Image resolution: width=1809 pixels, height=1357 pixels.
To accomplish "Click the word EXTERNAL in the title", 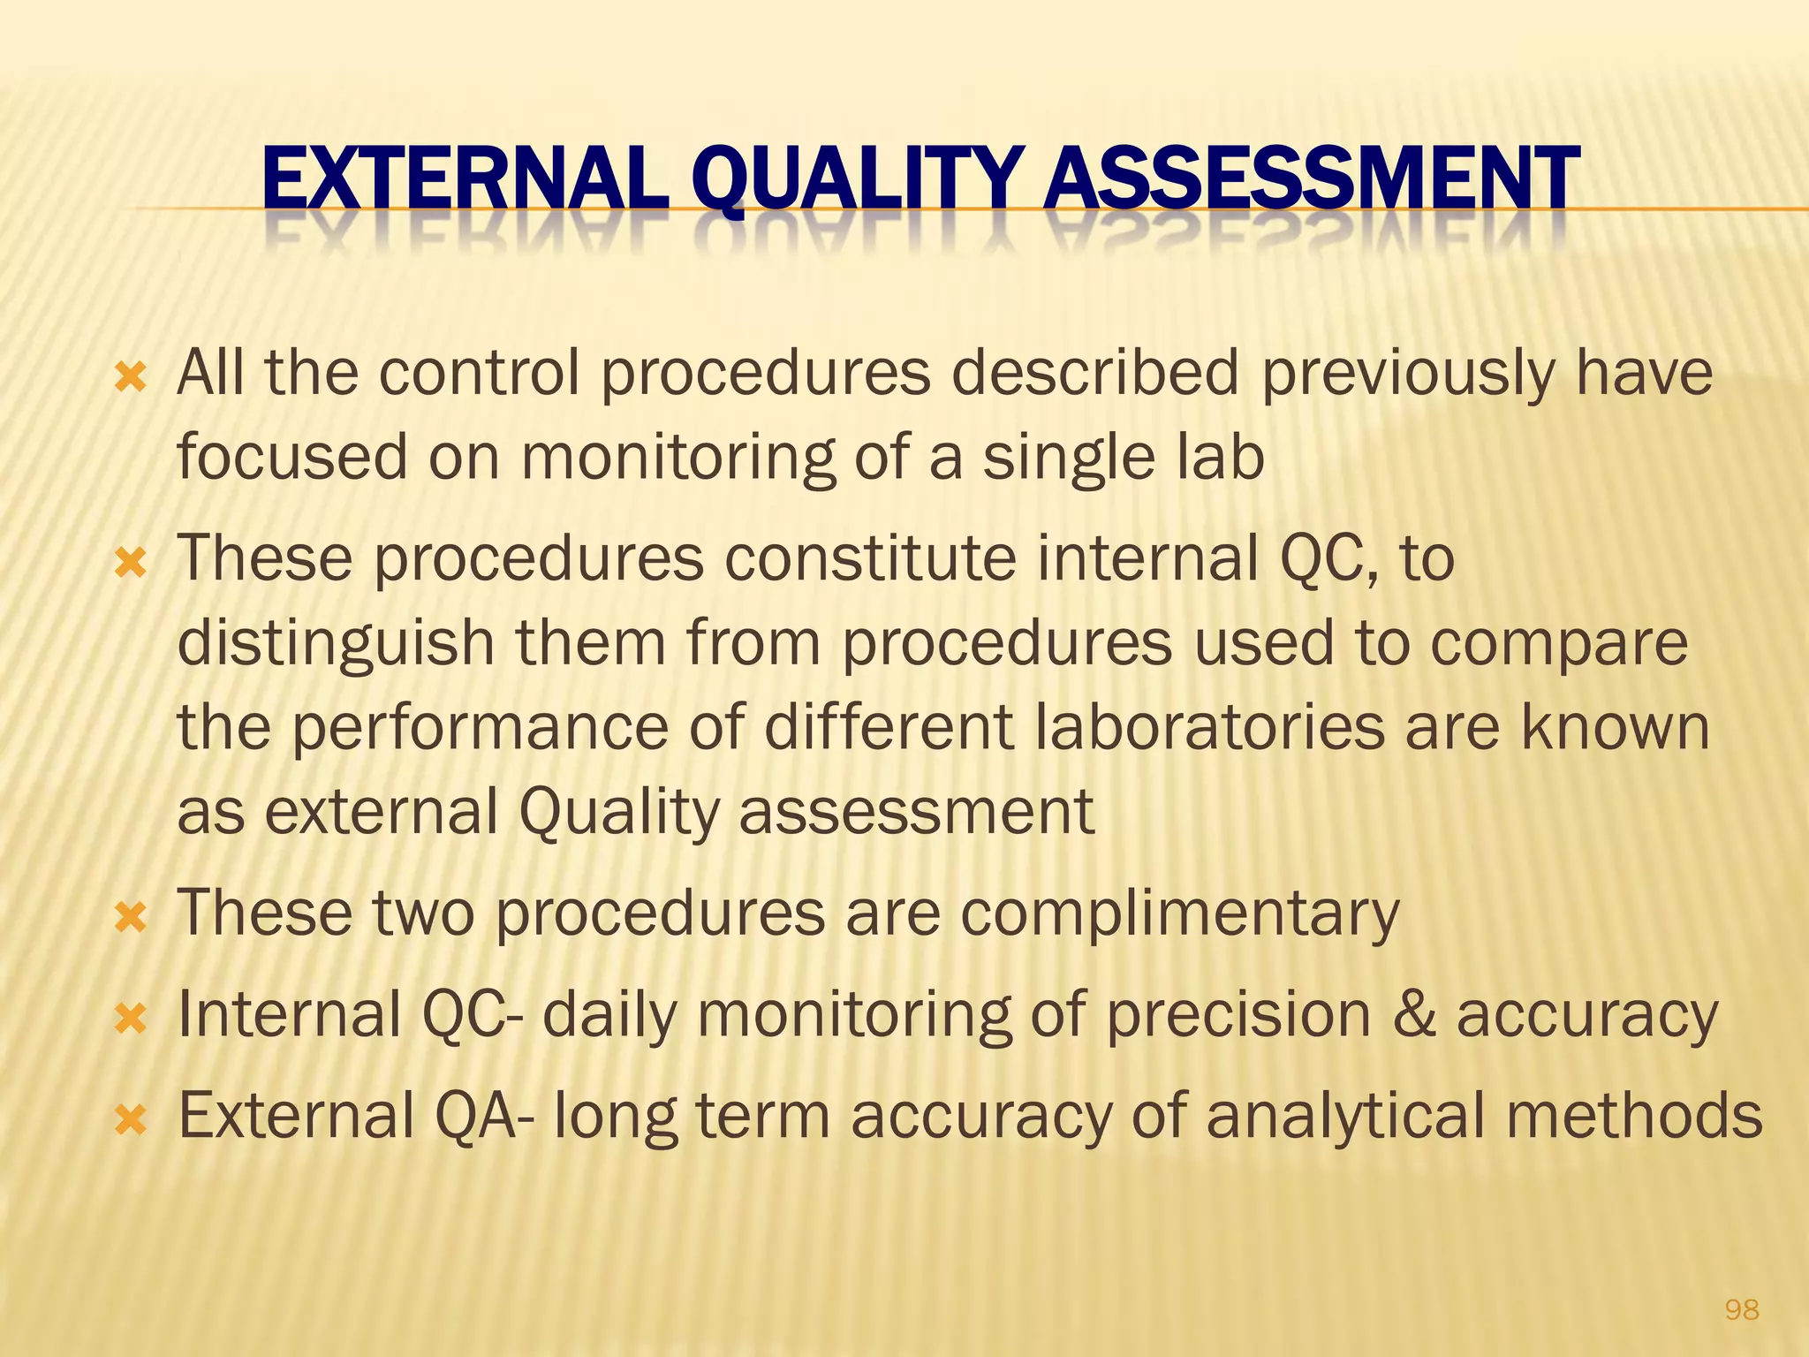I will (465, 180).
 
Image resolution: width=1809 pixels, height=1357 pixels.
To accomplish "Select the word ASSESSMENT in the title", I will (1311, 180).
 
